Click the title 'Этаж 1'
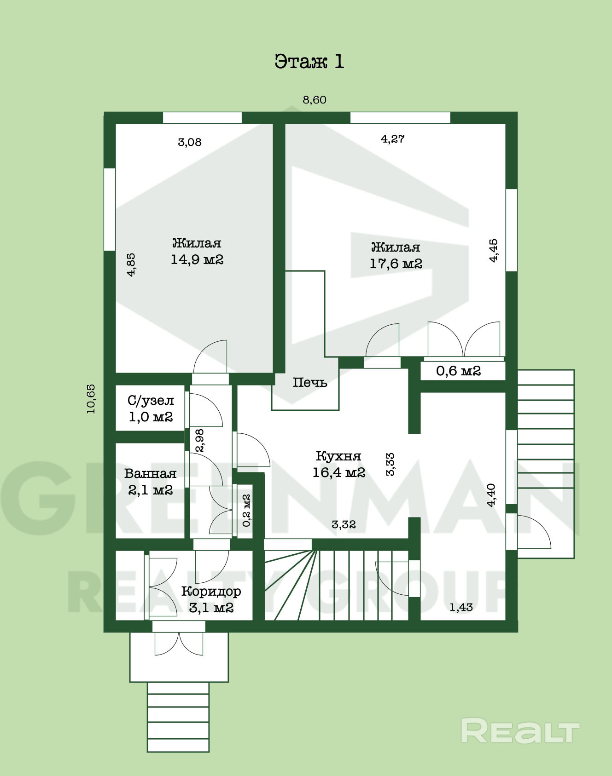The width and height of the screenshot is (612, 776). coord(309,61)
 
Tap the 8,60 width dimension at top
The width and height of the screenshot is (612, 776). coord(315,100)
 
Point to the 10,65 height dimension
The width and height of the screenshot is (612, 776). coord(91,399)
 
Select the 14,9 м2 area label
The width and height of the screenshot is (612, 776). coord(197,259)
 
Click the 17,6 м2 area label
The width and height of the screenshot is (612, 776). coord(396,264)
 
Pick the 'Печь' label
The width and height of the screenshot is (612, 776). coord(310,382)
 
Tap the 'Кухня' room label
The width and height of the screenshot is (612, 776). coord(338,456)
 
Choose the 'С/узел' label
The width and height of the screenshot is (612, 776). coord(151,401)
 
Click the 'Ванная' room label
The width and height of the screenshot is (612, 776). coord(150,473)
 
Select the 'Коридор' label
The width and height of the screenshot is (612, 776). coord(211,592)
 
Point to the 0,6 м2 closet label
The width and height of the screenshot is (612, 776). coord(458,371)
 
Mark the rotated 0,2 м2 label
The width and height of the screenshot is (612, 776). coord(246,510)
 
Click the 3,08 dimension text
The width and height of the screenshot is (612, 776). coord(190,142)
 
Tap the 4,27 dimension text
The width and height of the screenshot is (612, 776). coord(393,139)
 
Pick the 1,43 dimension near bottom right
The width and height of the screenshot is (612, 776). coord(461,607)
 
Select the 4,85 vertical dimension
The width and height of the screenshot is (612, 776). coord(131,264)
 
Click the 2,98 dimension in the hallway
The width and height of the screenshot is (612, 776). coord(199,441)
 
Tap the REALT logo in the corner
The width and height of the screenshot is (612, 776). coord(520,730)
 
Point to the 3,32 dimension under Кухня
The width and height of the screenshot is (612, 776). coord(344,524)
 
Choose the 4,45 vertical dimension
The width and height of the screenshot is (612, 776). coord(493,250)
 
